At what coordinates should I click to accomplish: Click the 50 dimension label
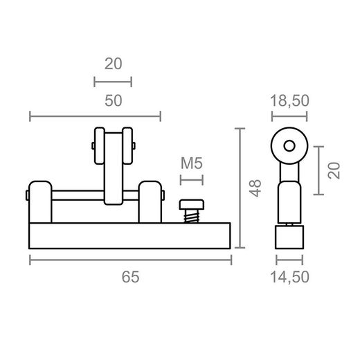pos(114,100)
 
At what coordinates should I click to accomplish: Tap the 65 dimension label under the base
pos(131,277)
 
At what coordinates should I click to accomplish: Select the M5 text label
pos(191,164)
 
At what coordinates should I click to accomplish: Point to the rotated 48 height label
pos(255,188)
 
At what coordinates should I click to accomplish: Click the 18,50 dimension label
pos(289,100)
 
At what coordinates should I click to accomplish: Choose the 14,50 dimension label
pos(289,277)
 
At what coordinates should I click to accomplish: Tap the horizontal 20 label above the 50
pos(114,64)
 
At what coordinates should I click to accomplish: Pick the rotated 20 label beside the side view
pos(334,171)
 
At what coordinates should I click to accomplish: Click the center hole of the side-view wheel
pos(289,146)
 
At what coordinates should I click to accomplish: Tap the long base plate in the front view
pos(130,235)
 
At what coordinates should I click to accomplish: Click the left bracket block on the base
pos(40,201)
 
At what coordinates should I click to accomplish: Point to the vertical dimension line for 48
pos(240,188)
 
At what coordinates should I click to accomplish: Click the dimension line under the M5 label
pos(192,180)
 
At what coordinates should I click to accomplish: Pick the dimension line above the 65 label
pos(130,260)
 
